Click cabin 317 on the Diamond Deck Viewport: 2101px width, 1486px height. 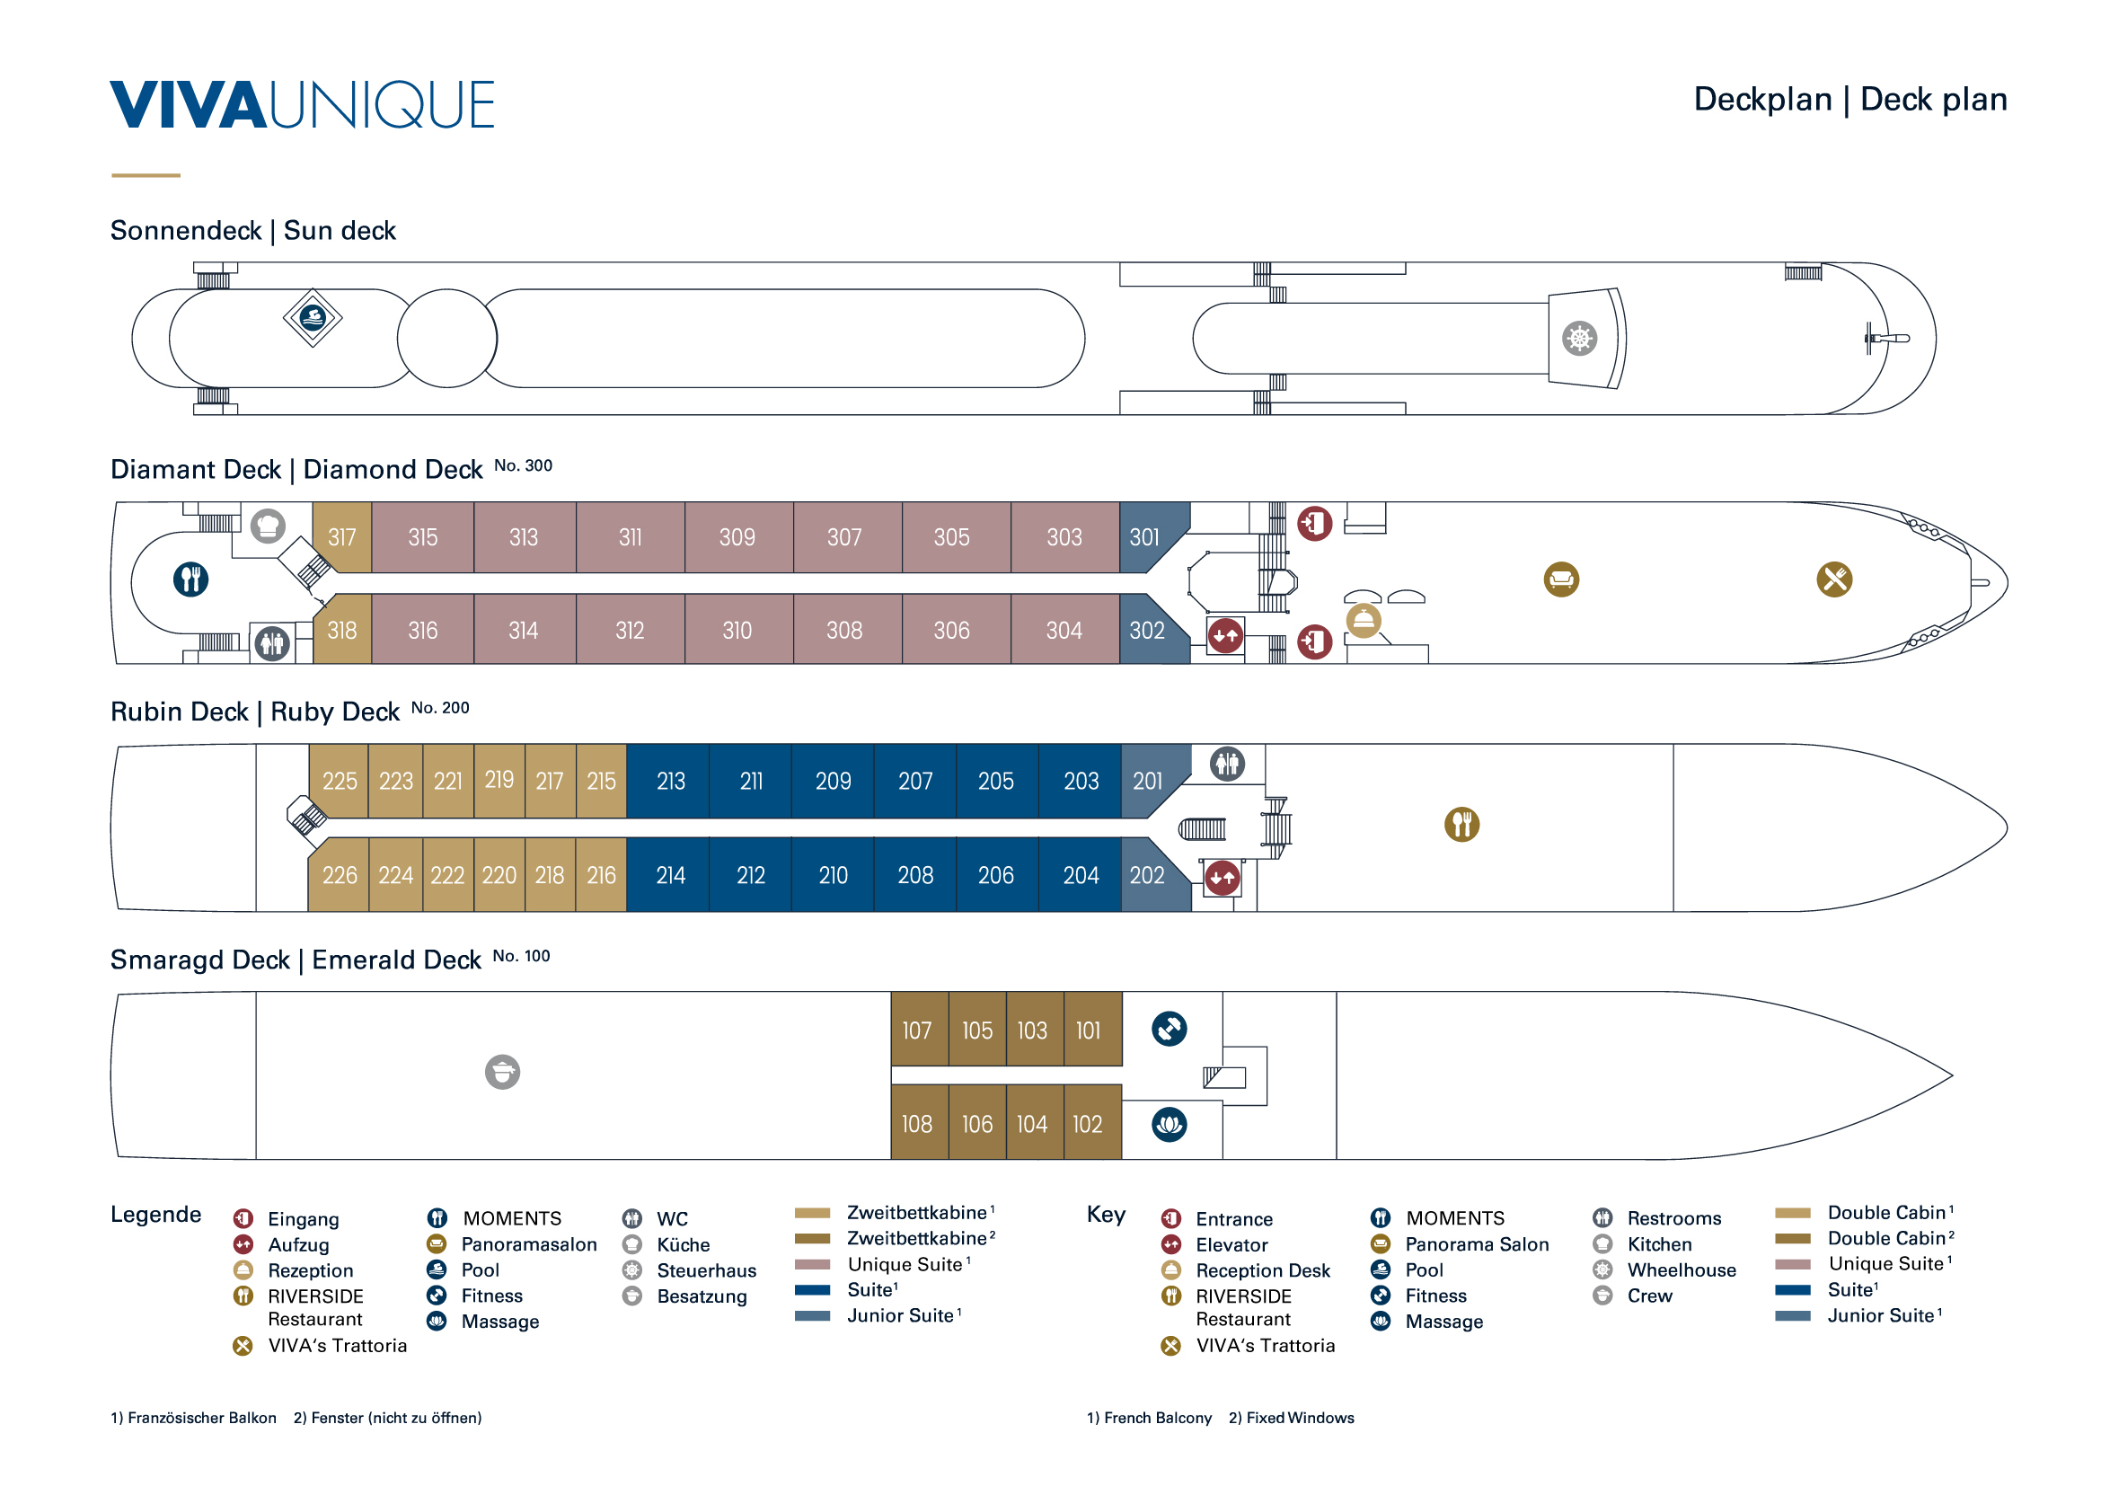click(x=342, y=537)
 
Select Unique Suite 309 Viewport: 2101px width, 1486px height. click(x=738, y=537)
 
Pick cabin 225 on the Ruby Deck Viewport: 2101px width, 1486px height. click(x=339, y=782)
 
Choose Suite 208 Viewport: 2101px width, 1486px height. click(x=915, y=876)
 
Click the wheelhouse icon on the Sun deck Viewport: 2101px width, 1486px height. click(x=1579, y=339)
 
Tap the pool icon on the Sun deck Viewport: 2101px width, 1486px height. click(x=313, y=317)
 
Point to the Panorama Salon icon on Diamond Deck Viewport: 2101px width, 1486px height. click(x=1561, y=579)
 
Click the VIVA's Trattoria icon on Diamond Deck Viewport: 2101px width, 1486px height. click(x=1834, y=579)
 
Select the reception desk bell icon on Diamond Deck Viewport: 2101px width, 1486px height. click(x=1364, y=621)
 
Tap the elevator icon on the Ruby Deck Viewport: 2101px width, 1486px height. click(x=1222, y=879)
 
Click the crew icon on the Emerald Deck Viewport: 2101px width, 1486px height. click(x=502, y=1072)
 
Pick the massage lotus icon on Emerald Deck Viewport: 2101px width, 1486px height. click(x=1170, y=1125)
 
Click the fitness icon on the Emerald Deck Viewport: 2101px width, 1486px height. click(x=1170, y=1029)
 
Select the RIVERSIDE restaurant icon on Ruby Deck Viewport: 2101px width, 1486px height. click(x=1461, y=825)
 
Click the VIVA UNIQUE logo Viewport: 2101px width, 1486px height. click(x=302, y=104)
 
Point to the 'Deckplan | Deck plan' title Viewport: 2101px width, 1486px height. click(x=1850, y=99)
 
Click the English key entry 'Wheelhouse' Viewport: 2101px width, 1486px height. click(x=1681, y=1270)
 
